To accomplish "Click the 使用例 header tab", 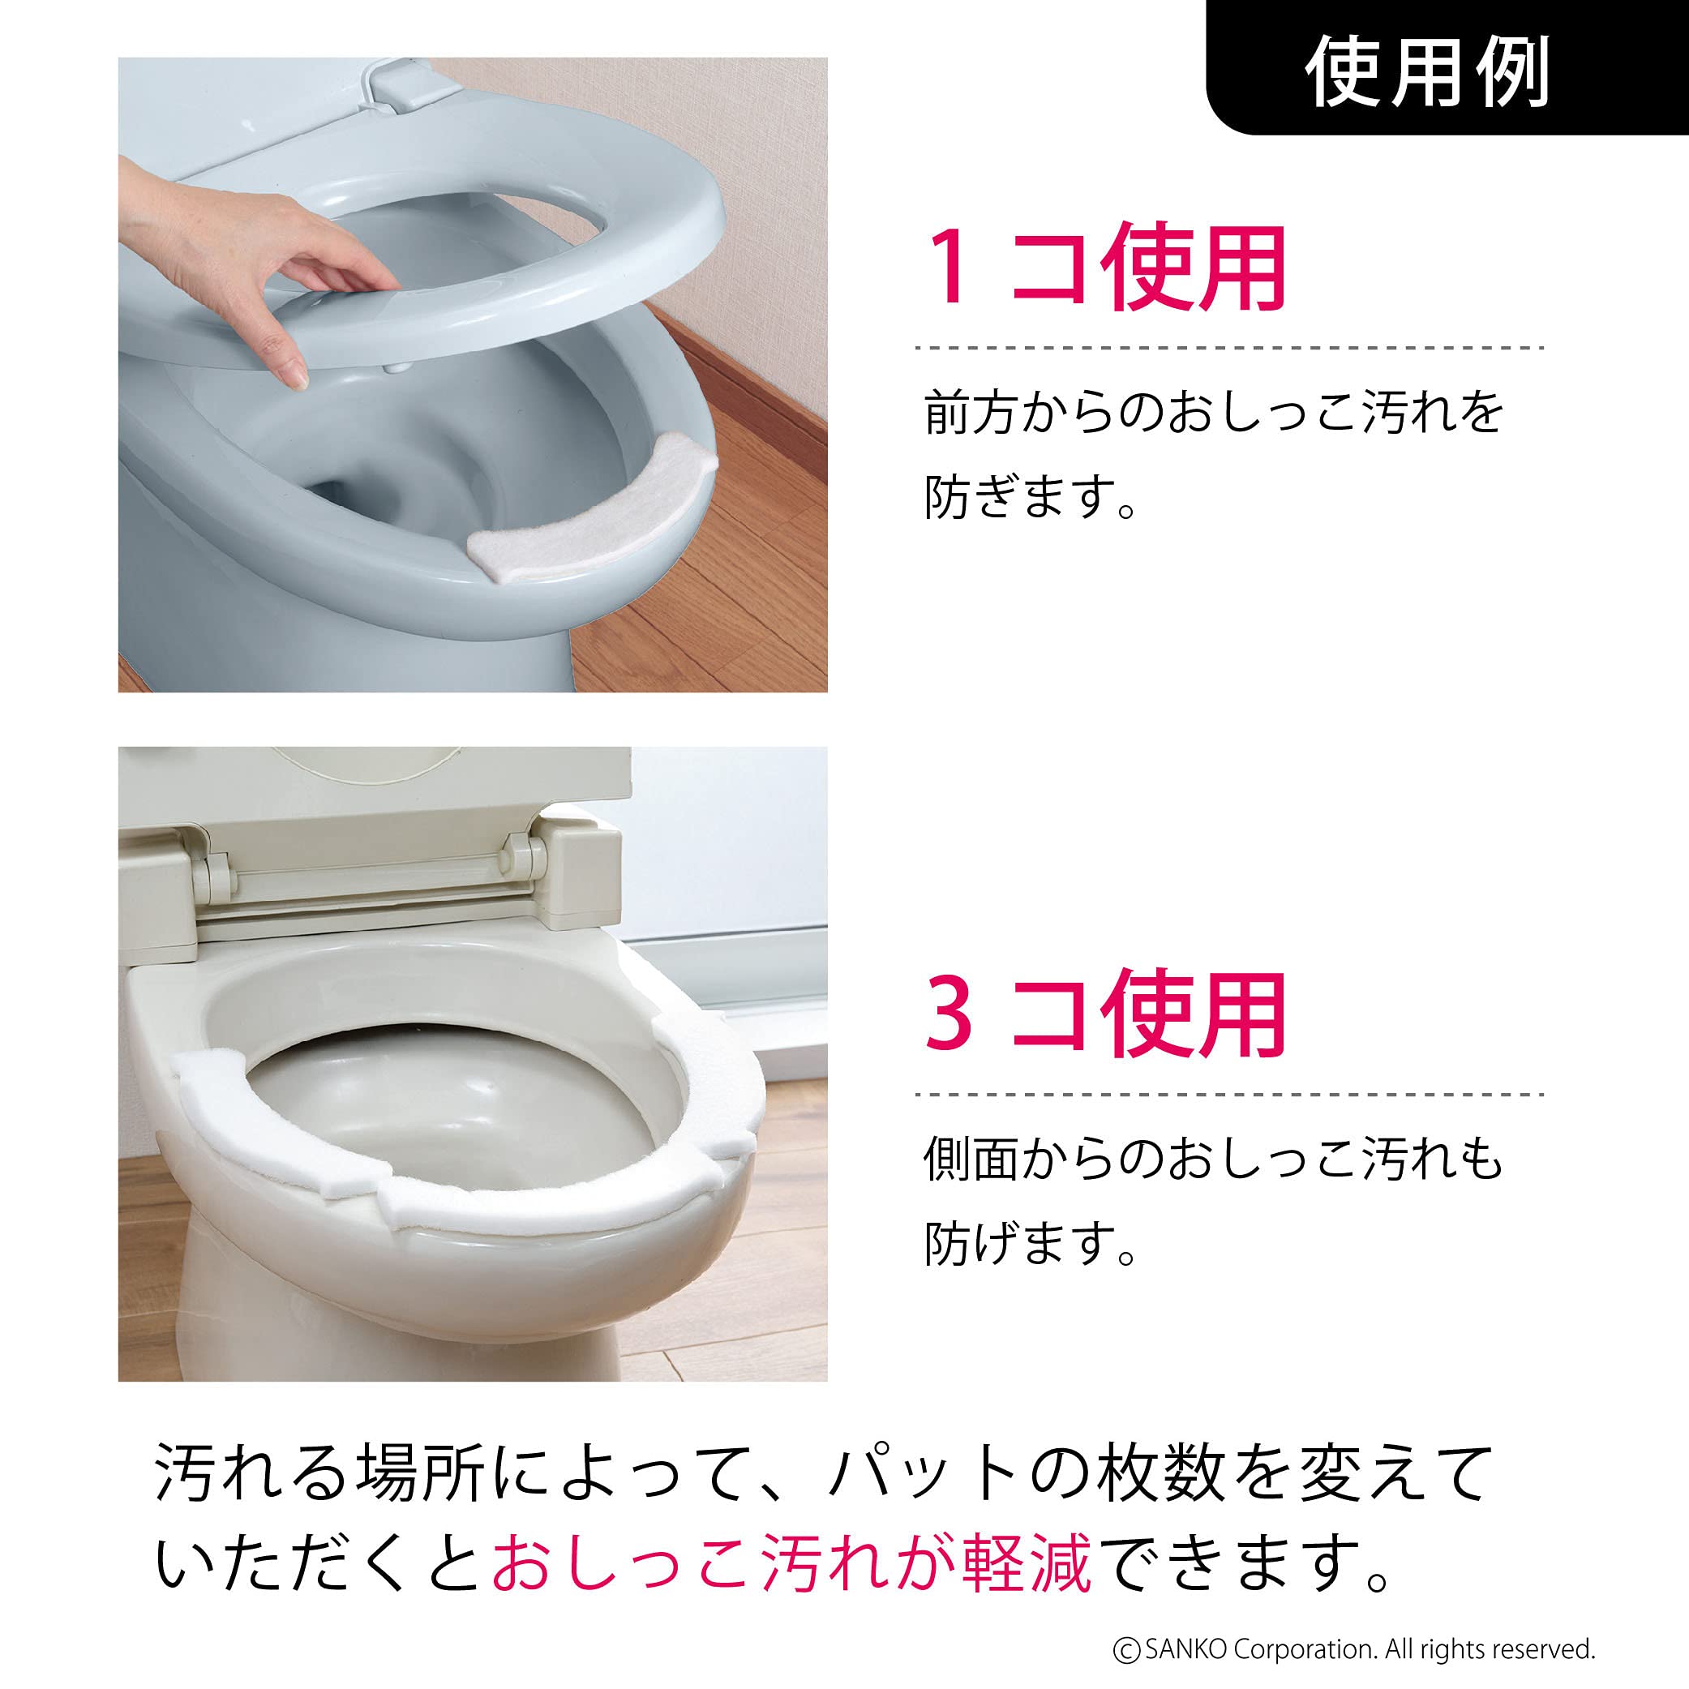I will coord(1447,70).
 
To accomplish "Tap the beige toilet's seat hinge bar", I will coord(367,879).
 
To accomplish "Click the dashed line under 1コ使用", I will coord(1228,347).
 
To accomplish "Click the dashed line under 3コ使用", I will coord(1228,1094).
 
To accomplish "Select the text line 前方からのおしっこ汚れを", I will coord(1213,413).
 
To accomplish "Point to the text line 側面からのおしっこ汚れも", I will coord(1213,1160).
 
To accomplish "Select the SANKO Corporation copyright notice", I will coord(1353,1648).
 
